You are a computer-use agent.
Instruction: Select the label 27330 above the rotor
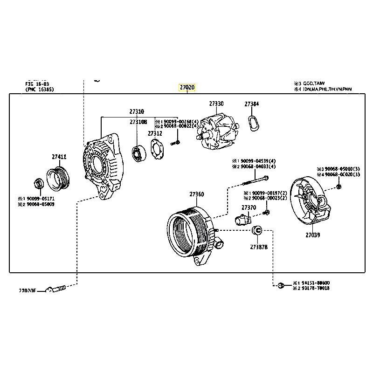pos(216,104)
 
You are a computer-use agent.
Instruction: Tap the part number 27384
pos(252,104)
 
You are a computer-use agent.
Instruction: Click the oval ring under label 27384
pos(253,123)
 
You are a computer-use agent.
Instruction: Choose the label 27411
pos(59,158)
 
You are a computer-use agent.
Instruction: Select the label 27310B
pos(138,122)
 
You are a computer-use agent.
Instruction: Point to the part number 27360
pos(196,194)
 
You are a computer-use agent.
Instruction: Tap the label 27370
pos(249,207)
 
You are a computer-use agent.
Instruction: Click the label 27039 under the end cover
pos(313,235)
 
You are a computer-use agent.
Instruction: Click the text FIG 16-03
pos(38,84)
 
